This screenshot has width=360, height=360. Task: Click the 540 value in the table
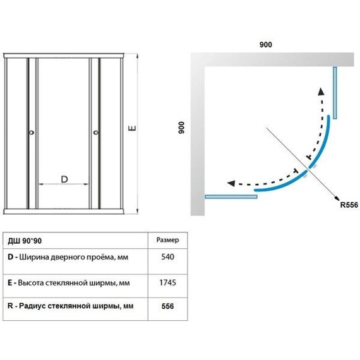click(167, 256)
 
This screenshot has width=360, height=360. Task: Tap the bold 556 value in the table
click(167, 306)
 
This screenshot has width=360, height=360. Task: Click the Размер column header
click(167, 240)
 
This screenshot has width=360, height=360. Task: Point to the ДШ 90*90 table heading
click(25, 241)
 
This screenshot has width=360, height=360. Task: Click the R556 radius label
click(349, 205)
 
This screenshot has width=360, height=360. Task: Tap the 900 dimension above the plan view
click(266, 45)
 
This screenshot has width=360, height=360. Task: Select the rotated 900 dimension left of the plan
click(181, 128)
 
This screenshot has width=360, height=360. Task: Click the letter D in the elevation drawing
click(64, 179)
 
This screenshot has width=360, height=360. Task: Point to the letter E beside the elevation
click(132, 128)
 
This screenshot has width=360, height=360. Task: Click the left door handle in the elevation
click(32, 133)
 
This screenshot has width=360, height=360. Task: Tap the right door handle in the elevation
click(96, 133)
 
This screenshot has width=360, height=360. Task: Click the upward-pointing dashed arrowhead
click(321, 92)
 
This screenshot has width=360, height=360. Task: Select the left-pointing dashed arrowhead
click(231, 183)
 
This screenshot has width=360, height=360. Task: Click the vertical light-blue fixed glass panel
click(335, 93)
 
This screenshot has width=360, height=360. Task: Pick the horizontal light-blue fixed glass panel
click(231, 196)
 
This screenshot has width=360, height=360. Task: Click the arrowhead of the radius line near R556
click(337, 199)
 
